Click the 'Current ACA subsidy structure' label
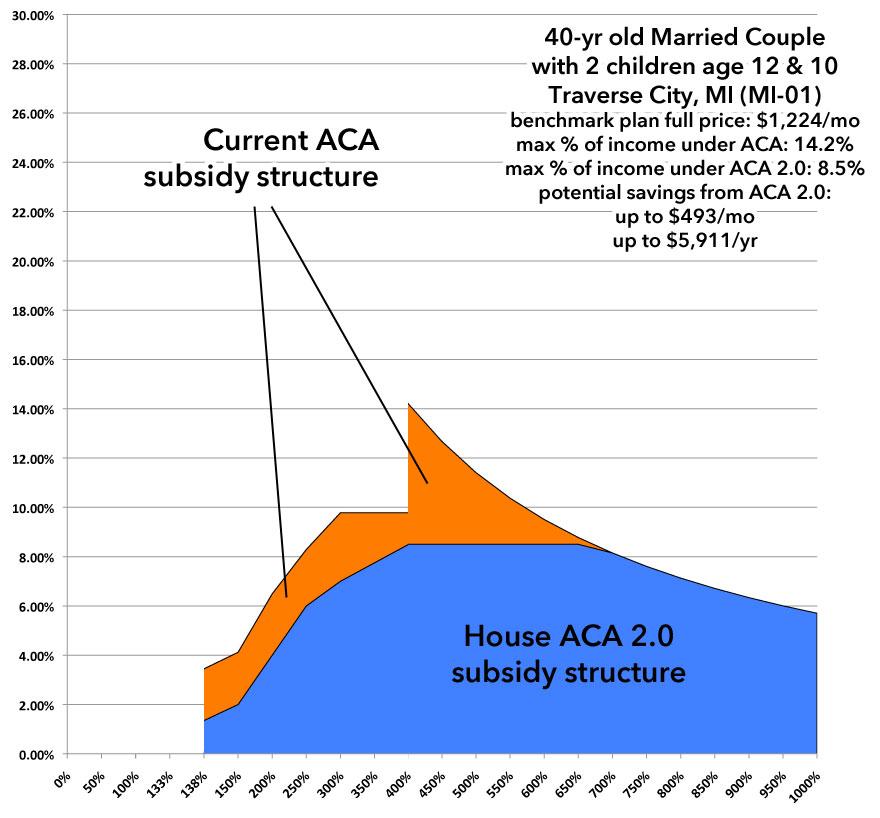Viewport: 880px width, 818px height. point(262,158)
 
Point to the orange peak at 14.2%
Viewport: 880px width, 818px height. point(409,405)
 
